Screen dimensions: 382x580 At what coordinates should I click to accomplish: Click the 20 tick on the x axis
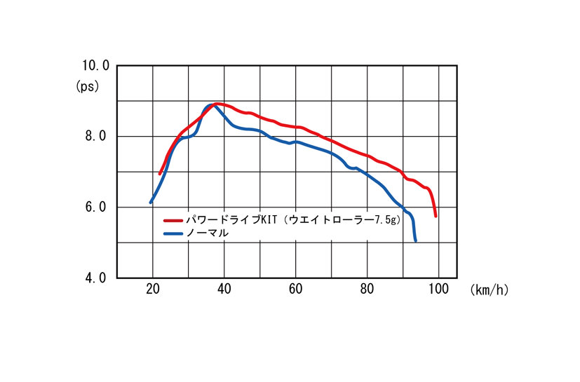pyautogui.click(x=152, y=289)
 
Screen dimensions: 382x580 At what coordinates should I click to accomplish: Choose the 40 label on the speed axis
pyautogui.click(x=224, y=289)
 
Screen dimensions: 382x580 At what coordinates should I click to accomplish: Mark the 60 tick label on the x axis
pyautogui.click(x=295, y=289)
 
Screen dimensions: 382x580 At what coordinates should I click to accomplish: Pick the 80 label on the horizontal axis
pyautogui.click(x=367, y=289)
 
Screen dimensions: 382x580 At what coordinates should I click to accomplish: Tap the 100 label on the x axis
pyautogui.click(x=438, y=289)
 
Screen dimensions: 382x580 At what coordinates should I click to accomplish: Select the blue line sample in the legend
pyautogui.click(x=173, y=233)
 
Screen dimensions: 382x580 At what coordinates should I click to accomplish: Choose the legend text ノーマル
pyautogui.click(x=209, y=233)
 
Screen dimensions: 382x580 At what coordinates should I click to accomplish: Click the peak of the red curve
pyautogui.click(x=217, y=104)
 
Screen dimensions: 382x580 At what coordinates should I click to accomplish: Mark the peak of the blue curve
pyautogui.click(x=210, y=105)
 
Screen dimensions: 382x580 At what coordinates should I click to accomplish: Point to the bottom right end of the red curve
pyautogui.click(x=436, y=216)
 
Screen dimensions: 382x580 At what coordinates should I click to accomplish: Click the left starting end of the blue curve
pyautogui.click(x=151, y=203)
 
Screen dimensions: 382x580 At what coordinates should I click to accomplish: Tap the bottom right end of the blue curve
pyautogui.click(x=416, y=241)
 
